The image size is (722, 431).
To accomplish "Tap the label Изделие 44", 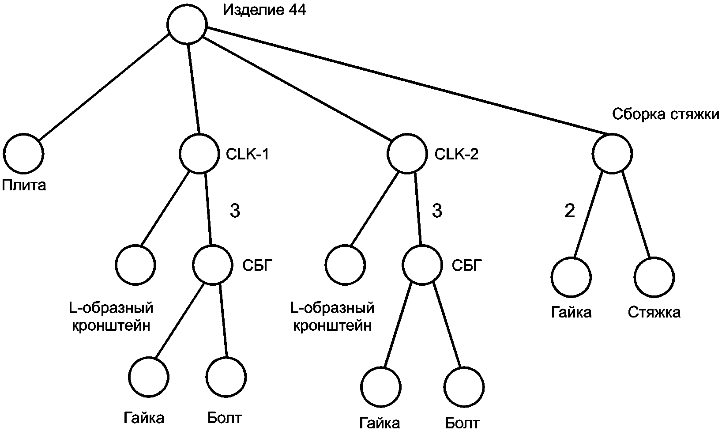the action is pos(264,10).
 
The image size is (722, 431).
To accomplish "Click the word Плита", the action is pos(24,185).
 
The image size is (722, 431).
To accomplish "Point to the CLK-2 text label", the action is pos(456,154).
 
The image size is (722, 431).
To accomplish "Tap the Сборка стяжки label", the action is pos(665,114).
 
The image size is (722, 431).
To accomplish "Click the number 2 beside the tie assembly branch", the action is pos(570,211).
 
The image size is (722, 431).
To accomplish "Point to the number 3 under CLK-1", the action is pos(235,211).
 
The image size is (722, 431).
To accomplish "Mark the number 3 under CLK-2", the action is pos(437,211).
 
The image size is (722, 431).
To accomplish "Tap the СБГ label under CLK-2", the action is pos(467,265).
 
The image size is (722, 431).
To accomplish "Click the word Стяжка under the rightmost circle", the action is pos(654,312).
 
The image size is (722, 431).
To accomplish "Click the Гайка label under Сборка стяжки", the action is pos(572,312).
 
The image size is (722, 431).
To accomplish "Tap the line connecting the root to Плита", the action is pos(104,87).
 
